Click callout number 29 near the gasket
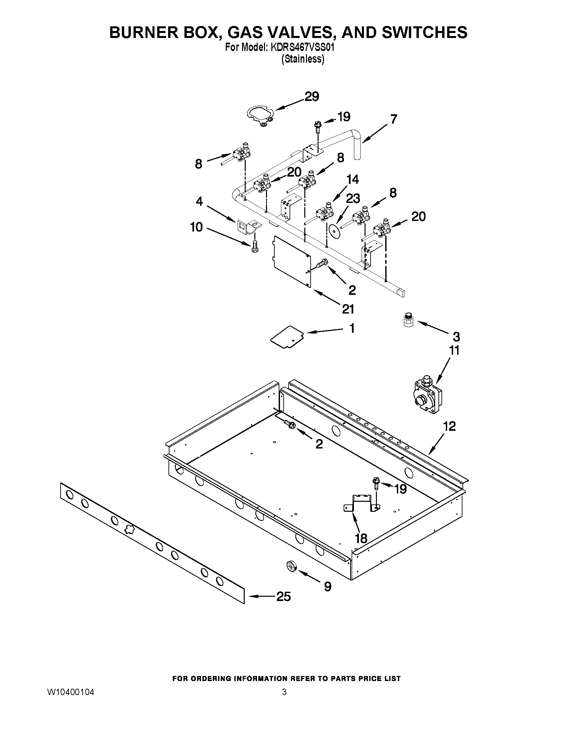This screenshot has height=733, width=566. [312, 97]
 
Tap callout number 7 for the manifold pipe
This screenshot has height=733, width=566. [394, 119]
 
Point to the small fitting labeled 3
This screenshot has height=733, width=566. [408, 320]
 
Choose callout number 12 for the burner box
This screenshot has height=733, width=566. [449, 426]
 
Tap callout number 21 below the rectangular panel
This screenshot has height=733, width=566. [348, 309]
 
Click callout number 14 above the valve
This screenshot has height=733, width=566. [352, 180]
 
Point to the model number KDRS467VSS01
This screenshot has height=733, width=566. [301, 48]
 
